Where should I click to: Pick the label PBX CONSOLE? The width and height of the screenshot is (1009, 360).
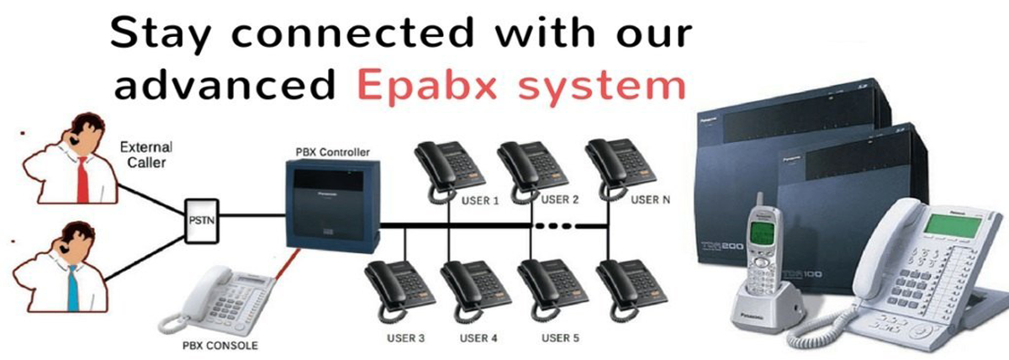220,346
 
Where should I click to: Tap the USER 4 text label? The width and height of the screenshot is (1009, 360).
479,338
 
